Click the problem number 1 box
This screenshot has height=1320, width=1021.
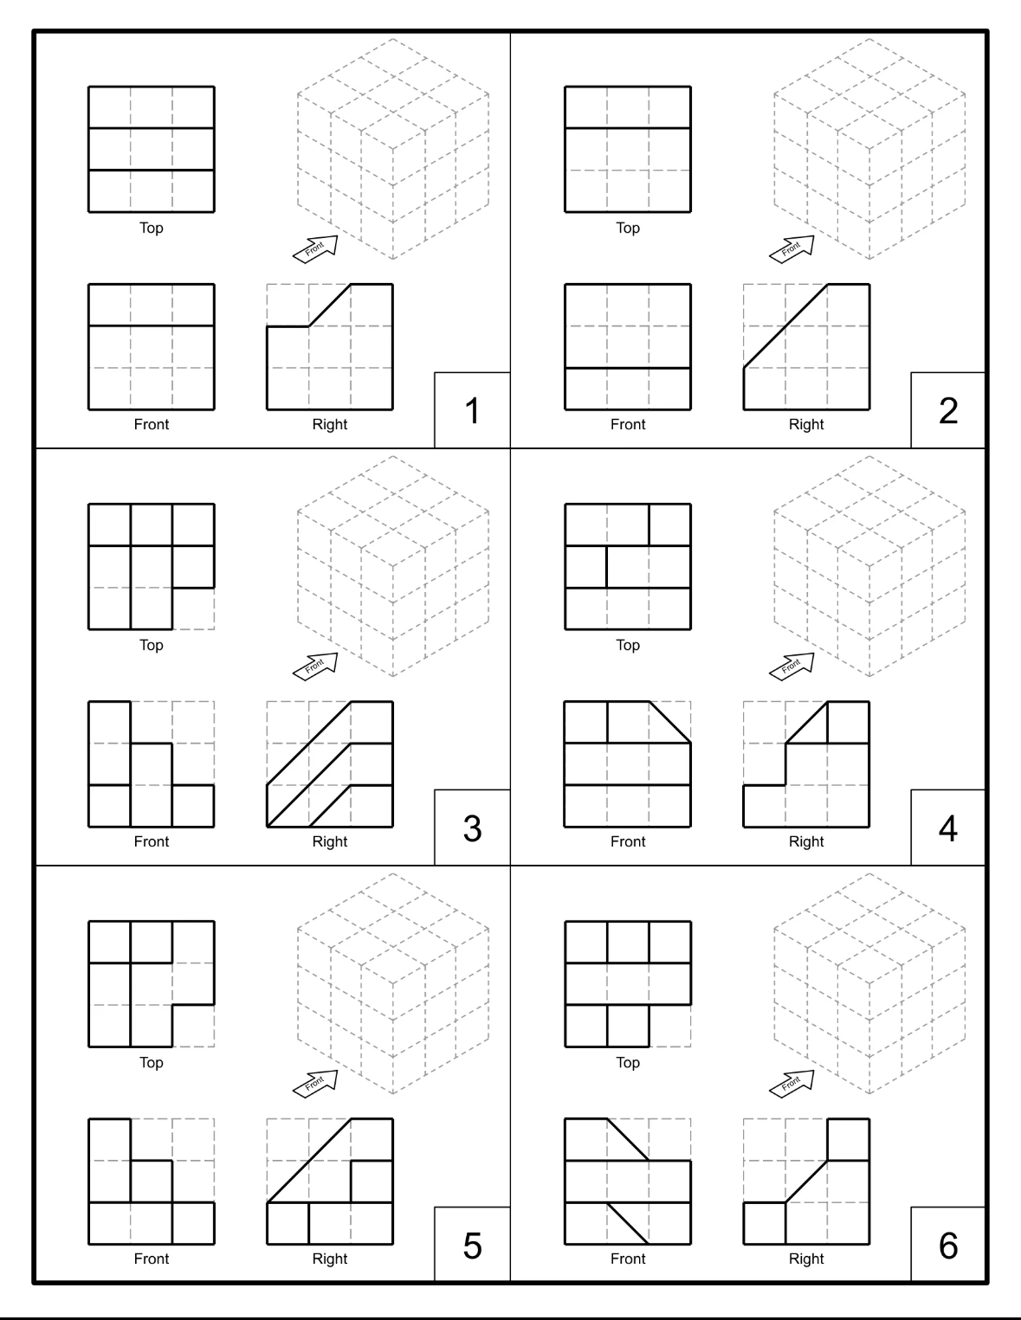pos(472,410)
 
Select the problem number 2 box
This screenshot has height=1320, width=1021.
pos(948,410)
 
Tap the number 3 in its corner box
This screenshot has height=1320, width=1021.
pos(472,827)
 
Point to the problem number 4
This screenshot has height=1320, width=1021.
pos(948,827)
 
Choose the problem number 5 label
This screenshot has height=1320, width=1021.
pos(472,1245)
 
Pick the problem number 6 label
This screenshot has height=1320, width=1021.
pos(948,1245)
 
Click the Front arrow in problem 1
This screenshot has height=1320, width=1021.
pos(316,248)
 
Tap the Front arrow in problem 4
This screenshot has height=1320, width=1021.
pos(792,665)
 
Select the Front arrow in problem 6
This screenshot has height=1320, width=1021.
pos(792,1082)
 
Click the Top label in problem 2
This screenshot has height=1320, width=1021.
pos(628,229)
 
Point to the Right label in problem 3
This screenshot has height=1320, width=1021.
pos(330,841)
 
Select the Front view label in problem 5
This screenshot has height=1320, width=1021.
pos(152,1259)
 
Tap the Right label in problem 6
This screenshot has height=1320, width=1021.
pos(806,1259)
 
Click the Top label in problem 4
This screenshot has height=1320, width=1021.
pos(628,646)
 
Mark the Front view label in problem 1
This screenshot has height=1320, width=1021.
pos(152,424)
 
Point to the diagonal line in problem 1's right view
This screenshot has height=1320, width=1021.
pos(330,306)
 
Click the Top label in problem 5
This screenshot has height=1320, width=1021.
pos(152,1063)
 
